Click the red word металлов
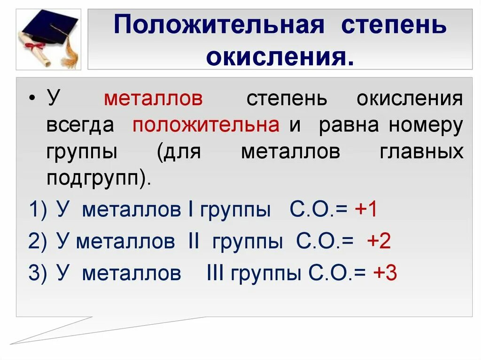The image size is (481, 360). coord(153,99)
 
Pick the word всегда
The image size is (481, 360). coord(80,125)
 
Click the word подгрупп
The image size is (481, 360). coord(93,179)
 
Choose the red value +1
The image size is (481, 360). coord(366,210)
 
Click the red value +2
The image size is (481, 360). coord(379,241)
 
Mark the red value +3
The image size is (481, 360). coord(385,273)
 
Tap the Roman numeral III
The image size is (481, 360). coord(216,273)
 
